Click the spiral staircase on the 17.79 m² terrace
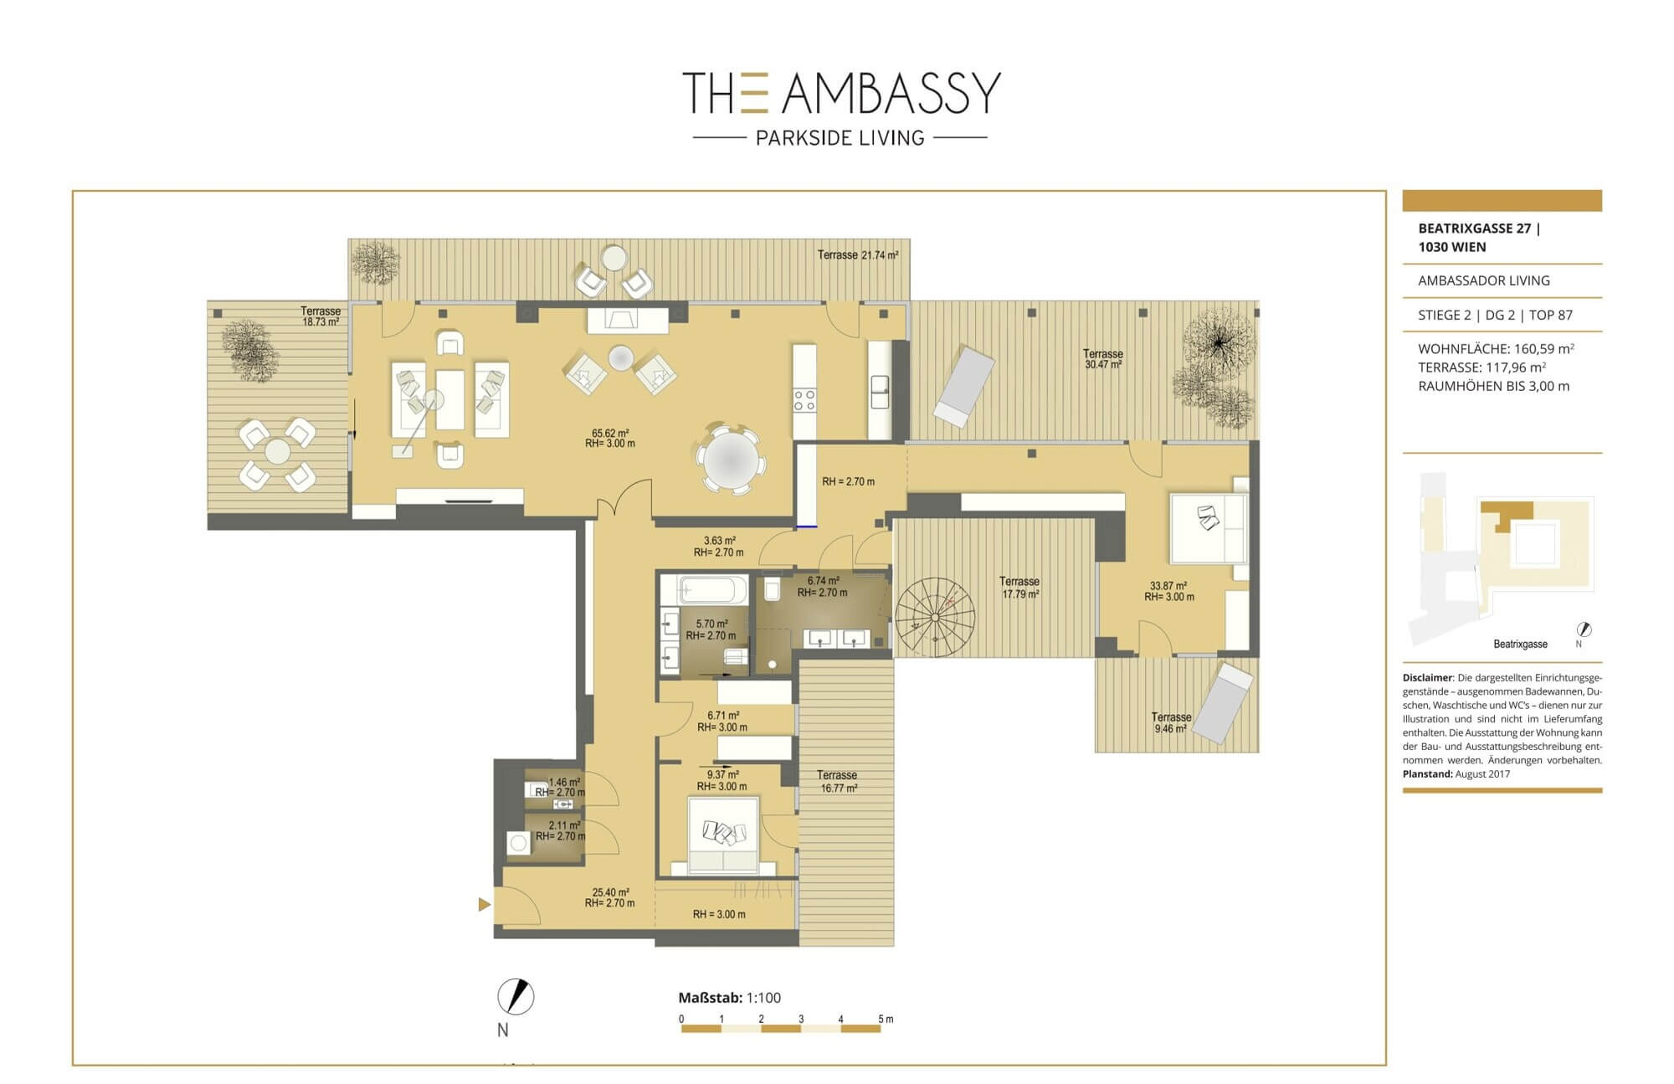[935, 618]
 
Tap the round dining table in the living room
[731, 460]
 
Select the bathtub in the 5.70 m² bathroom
[703, 590]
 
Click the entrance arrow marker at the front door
[484, 904]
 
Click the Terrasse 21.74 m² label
[858, 254]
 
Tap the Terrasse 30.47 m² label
[1102, 359]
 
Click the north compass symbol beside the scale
[516, 997]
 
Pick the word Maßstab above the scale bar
[710, 998]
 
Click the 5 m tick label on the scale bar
[886, 1019]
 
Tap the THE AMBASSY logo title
[841, 92]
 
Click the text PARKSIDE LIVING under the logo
[840, 138]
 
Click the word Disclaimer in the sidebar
[1427, 678]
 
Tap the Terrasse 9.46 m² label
[1171, 722]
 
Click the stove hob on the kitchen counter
[804, 400]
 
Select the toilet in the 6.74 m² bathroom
[772, 588]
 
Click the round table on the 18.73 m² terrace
[277, 452]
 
